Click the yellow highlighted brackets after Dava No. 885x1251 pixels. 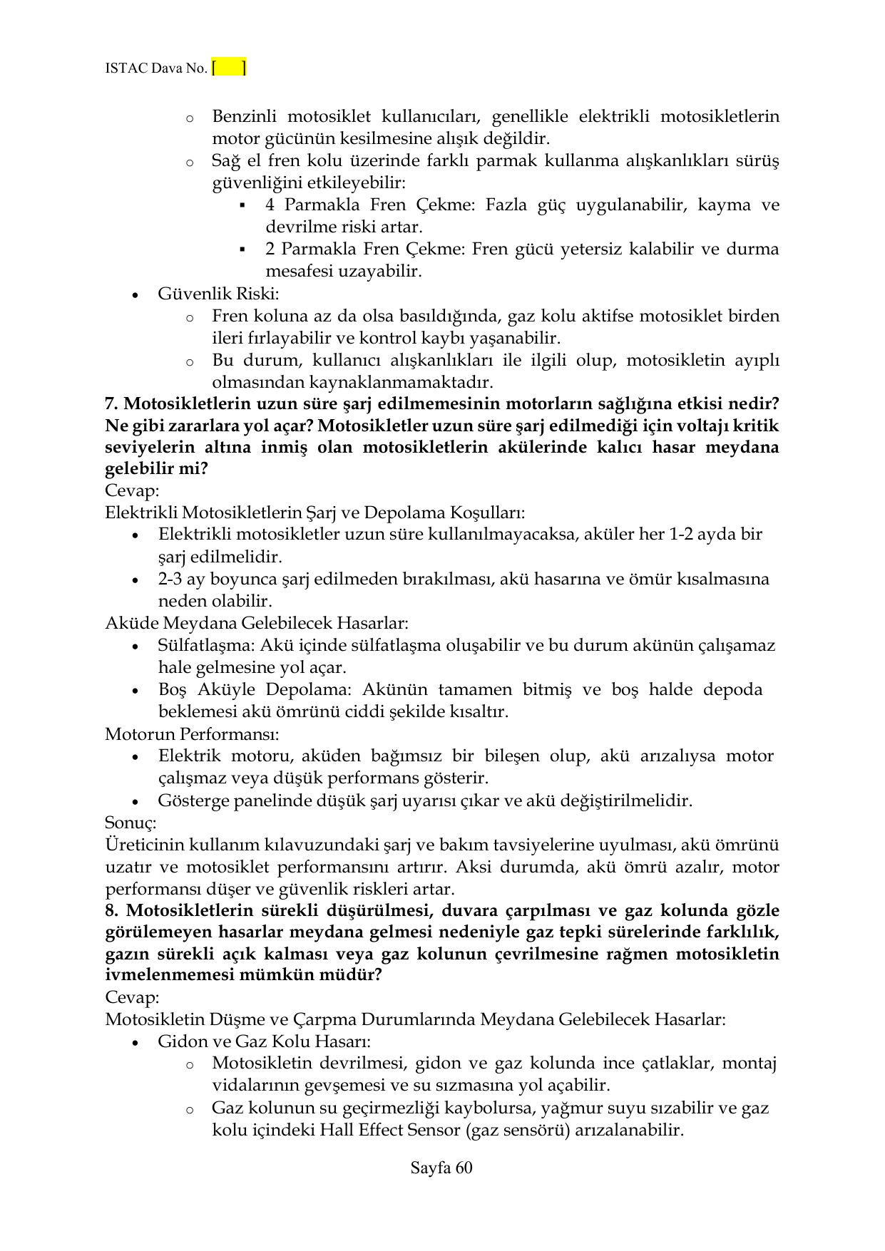coord(229,68)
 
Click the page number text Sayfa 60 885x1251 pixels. coord(441,1168)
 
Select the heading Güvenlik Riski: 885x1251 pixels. coord(218,294)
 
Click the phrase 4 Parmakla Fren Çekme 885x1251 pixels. coord(369,205)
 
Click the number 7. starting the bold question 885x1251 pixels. coord(113,403)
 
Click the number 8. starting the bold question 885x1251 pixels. coord(113,910)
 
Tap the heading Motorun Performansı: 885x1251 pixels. coord(192,733)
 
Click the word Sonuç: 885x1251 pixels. coord(131,823)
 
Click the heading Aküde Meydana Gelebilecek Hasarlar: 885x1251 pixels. coord(257,623)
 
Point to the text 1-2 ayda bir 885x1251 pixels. coord(715,535)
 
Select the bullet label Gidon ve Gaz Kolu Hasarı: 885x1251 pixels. coord(264,1041)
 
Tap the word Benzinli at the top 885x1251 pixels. coord(244,116)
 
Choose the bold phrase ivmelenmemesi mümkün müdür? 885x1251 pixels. coord(243,975)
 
